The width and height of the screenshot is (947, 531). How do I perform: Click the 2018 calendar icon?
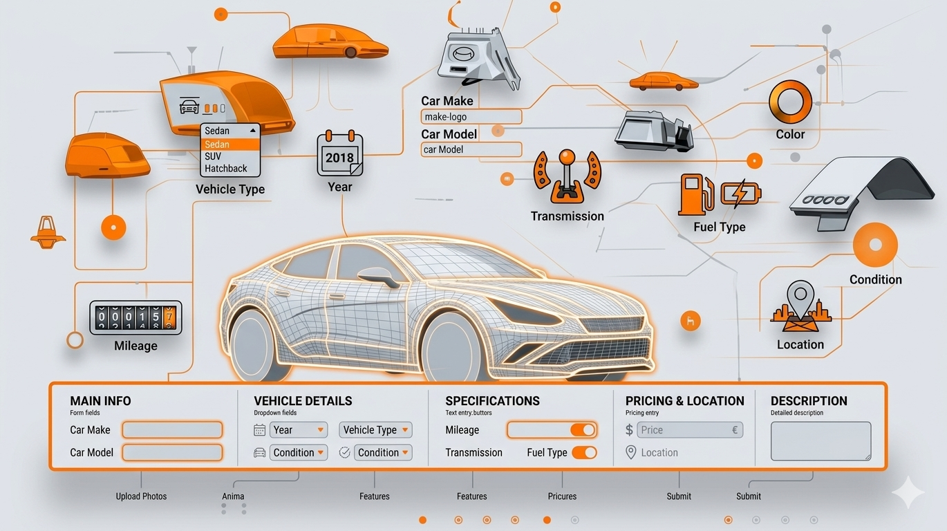[x=339, y=155]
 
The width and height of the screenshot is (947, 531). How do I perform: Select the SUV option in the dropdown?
[x=213, y=156]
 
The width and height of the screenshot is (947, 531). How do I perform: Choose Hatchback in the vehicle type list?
[x=226, y=168]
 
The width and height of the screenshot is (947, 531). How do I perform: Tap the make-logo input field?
[x=471, y=117]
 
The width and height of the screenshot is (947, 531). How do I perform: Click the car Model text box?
[x=471, y=149]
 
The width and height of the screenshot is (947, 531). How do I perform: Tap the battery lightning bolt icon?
[x=740, y=194]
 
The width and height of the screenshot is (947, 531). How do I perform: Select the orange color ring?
[x=790, y=102]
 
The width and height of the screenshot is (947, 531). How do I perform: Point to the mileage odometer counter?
[x=135, y=318]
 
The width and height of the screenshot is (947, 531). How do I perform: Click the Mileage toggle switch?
[x=583, y=430]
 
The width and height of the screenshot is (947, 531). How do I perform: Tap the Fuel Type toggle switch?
[x=584, y=453]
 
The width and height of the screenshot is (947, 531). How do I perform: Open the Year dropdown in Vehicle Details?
[x=298, y=430]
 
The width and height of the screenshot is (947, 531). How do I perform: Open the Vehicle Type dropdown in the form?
[x=375, y=430]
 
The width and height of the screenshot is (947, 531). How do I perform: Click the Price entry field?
[x=690, y=430]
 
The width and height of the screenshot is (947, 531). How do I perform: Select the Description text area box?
[x=821, y=441]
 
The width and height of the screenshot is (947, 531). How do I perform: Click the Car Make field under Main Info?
[x=172, y=430]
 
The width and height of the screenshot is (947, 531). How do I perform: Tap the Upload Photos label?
[x=141, y=496]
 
